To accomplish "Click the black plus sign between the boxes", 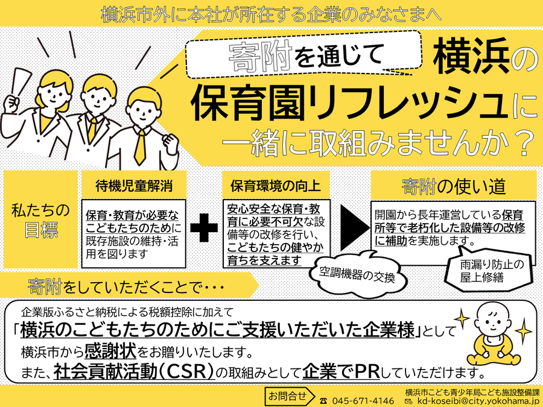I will click(203, 227).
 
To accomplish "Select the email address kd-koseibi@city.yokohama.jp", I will click(477, 400).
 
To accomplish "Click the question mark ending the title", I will click(523, 144).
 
